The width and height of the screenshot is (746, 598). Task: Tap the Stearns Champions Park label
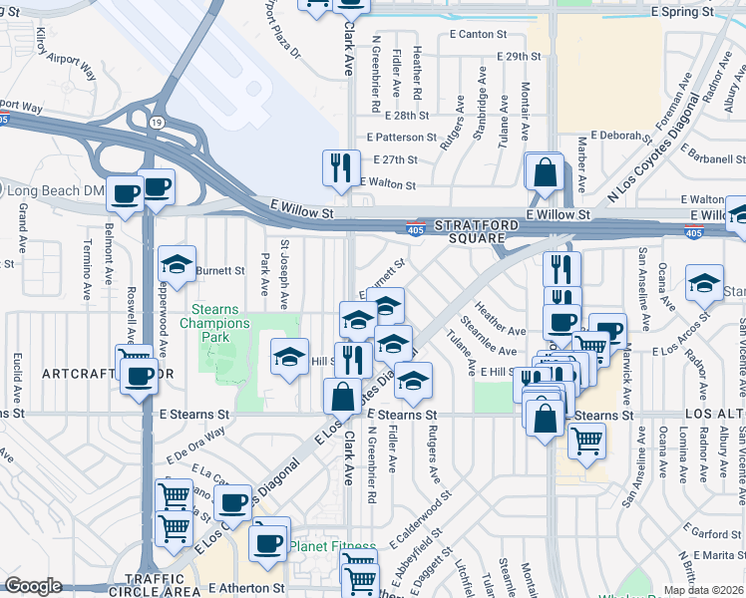tap(215, 316)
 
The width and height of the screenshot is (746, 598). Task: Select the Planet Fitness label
tap(333, 546)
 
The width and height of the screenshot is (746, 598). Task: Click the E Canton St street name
tap(479, 34)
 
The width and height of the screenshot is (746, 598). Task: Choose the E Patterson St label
tap(402, 137)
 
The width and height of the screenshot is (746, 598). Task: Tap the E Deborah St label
tap(621, 135)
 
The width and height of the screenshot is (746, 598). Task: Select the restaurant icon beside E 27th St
tap(341, 168)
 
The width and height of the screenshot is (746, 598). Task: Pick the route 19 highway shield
tap(157, 122)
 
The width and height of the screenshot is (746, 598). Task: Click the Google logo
tap(33, 587)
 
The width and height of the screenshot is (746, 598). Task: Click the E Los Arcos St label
tap(686, 351)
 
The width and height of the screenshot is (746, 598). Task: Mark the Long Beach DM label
tap(55, 189)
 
